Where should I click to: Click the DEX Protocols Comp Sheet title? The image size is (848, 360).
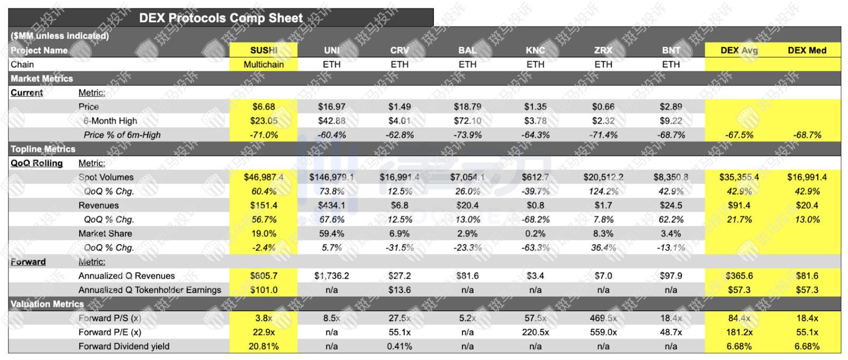220,17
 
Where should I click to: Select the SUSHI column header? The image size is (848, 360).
263,50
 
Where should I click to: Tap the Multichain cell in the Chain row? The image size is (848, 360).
263,65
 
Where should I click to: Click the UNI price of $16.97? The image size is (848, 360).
331,107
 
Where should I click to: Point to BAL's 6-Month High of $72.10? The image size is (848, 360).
467,121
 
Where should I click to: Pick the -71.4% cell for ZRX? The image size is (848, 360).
603,135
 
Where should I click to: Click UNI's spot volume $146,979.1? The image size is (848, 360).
331,177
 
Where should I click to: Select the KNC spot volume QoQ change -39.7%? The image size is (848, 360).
535,191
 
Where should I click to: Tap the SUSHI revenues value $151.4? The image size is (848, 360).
263,205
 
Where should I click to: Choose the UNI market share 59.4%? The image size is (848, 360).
331,233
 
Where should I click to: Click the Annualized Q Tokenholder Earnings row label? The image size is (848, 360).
149,290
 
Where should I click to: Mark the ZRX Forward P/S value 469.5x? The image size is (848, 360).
603,318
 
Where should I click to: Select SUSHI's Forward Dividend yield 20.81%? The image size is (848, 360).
263,346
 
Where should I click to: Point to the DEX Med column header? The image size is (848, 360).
807,50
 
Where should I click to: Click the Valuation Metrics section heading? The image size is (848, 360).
47,304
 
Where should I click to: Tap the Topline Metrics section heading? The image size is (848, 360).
43,149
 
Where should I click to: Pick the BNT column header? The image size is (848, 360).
670,50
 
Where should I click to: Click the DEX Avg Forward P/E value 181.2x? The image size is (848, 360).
739,332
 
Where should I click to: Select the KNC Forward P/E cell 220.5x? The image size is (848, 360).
535,332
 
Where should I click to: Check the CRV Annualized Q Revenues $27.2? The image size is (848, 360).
399,276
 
